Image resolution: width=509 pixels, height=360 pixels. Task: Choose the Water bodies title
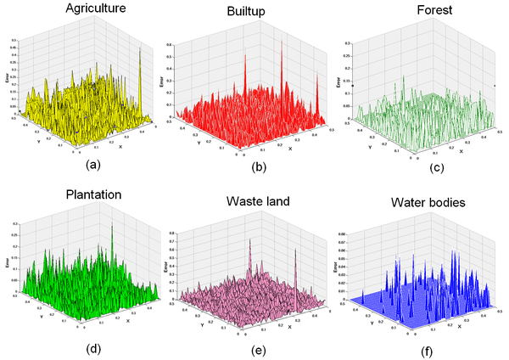pos(428,204)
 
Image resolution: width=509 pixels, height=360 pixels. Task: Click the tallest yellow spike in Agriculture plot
pos(139,53)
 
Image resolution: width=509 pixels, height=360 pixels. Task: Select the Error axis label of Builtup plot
pos(161,86)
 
